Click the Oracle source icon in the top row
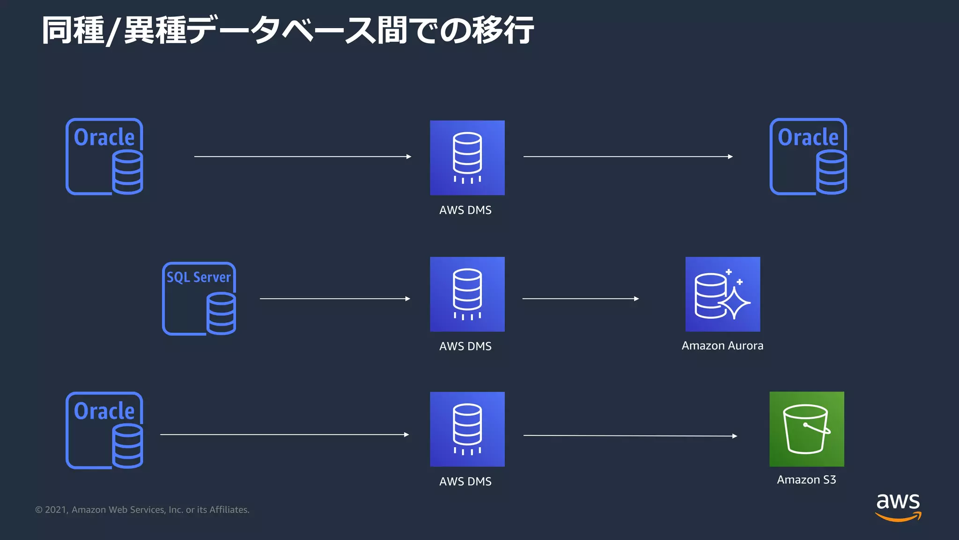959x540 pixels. [104, 157]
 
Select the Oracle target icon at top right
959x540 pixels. [808, 157]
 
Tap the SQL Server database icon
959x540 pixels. [199, 299]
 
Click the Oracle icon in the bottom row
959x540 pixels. [104, 430]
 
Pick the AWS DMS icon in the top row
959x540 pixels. [467, 157]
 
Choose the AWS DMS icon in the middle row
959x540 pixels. [467, 294]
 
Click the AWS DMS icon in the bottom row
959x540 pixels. [467, 429]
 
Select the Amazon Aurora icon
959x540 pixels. [723, 294]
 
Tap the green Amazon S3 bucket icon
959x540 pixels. [806, 429]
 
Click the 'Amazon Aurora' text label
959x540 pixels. [722, 346]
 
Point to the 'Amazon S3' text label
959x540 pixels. [806, 480]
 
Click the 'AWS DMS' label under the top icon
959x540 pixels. [465, 210]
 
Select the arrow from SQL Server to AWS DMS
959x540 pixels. [335, 299]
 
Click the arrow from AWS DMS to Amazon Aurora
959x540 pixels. [581, 299]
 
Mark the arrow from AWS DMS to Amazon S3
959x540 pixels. [630, 435]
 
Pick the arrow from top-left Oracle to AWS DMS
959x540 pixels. [302, 157]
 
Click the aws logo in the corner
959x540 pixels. [898, 507]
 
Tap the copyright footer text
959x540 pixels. [142, 510]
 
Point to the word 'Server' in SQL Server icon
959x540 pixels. [212, 277]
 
